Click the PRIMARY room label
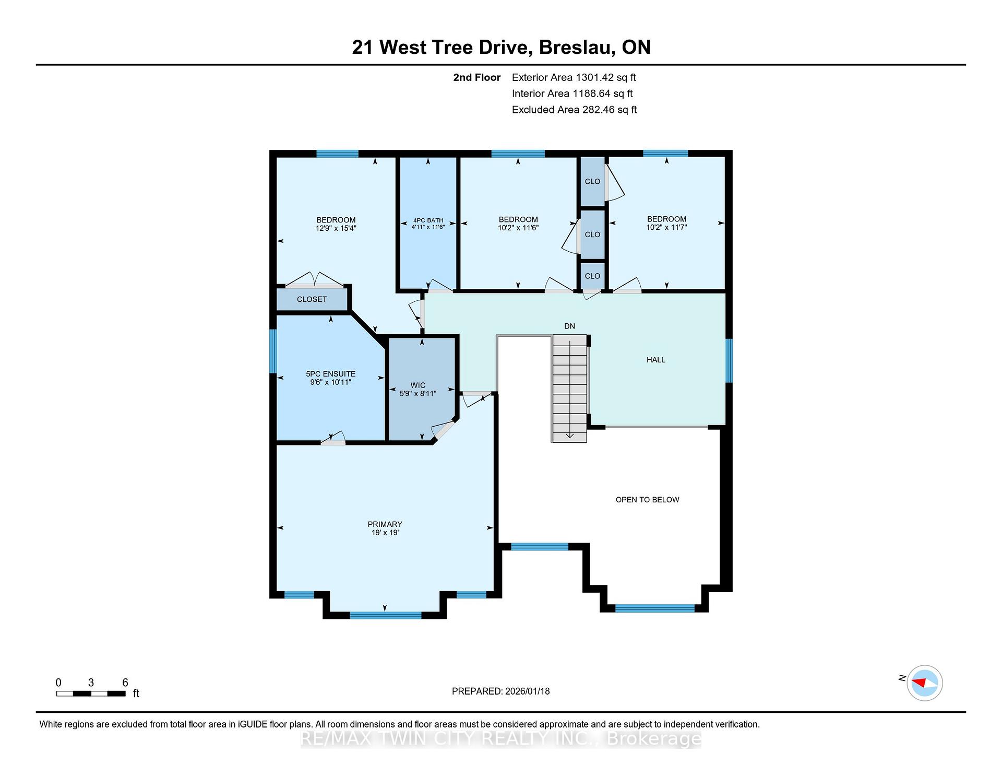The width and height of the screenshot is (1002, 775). click(385, 524)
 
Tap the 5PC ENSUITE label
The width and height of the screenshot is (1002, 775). click(330, 374)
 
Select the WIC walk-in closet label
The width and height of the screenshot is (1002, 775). click(417, 385)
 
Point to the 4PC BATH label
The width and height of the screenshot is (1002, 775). click(428, 220)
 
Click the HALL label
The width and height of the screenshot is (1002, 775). click(656, 360)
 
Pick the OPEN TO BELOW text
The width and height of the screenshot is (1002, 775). click(647, 500)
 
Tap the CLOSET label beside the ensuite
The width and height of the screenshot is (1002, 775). click(312, 299)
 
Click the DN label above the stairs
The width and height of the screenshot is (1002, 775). click(569, 326)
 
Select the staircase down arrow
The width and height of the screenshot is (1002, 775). click(569, 435)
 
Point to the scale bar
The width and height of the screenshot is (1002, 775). click(91, 694)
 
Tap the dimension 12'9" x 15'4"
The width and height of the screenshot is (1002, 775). click(336, 228)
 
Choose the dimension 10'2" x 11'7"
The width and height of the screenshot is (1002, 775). click(666, 227)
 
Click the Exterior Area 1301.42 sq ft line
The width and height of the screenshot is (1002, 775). click(574, 78)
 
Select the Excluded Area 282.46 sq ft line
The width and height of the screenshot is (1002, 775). click(574, 110)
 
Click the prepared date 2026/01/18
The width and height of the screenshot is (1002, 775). click(527, 691)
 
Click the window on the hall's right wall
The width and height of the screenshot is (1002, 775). click(729, 361)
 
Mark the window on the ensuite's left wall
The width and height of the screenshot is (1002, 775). click(273, 351)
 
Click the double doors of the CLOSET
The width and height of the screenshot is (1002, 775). click(314, 280)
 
